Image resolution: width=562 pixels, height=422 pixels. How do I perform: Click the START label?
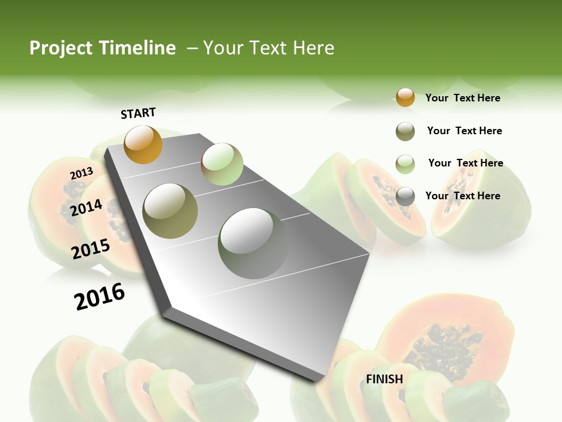(138, 113)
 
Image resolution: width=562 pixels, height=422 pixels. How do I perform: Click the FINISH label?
(385, 379)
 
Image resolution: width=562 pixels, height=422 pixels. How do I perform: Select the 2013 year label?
(81, 173)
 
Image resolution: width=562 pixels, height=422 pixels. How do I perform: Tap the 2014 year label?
(86, 207)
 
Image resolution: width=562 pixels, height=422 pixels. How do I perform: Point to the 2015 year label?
(91, 249)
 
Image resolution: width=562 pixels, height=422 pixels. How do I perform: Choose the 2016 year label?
(100, 296)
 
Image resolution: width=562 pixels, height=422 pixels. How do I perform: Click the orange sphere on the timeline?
(143, 144)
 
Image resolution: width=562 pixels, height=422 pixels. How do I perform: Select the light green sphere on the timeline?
(222, 164)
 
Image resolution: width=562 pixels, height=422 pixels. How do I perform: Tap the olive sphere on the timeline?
(170, 211)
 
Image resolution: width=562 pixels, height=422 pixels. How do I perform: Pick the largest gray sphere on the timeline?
(253, 243)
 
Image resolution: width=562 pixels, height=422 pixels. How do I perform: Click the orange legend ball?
(405, 97)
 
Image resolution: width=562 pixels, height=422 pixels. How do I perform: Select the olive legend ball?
(405, 131)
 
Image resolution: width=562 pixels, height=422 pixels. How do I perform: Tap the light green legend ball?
(405, 164)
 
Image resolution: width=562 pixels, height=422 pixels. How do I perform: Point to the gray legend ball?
(405, 196)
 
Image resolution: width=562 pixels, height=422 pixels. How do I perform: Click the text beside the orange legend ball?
(462, 98)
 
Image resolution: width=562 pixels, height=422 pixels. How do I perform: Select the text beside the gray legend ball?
(462, 196)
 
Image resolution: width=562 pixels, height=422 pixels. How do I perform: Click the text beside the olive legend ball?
(464, 131)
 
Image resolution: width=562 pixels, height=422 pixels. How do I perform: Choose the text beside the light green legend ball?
(465, 163)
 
